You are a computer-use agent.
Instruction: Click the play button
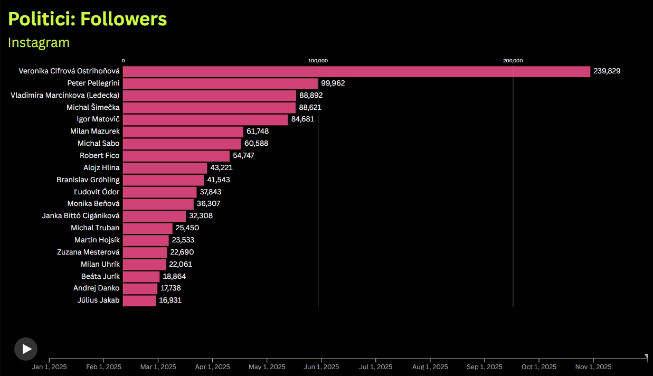[x=26, y=349]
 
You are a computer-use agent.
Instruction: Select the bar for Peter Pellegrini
[x=220, y=83]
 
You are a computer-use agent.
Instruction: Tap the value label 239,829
[x=607, y=71]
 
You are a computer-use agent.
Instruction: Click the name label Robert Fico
[x=100, y=156]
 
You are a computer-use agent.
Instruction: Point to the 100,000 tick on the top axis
[x=318, y=61]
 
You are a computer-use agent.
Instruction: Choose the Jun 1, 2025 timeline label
[x=321, y=367]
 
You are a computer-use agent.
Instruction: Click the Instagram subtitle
[x=39, y=42]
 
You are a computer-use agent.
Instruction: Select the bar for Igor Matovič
[x=205, y=119]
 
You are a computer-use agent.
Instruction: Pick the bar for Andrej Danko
[x=140, y=288]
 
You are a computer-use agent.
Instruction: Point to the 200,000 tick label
[x=513, y=61]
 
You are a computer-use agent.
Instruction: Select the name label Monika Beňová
[x=93, y=204]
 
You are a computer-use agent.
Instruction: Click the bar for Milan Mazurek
[x=183, y=131]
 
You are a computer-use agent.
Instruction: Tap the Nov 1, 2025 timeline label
[x=593, y=367]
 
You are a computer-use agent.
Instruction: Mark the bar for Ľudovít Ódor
[x=160, y=192]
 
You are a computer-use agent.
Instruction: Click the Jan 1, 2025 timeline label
[x=49, y=367]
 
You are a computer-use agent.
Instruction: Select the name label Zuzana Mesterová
[x=88, y=252]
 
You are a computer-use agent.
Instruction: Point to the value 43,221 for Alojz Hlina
[x=221, y=168]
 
